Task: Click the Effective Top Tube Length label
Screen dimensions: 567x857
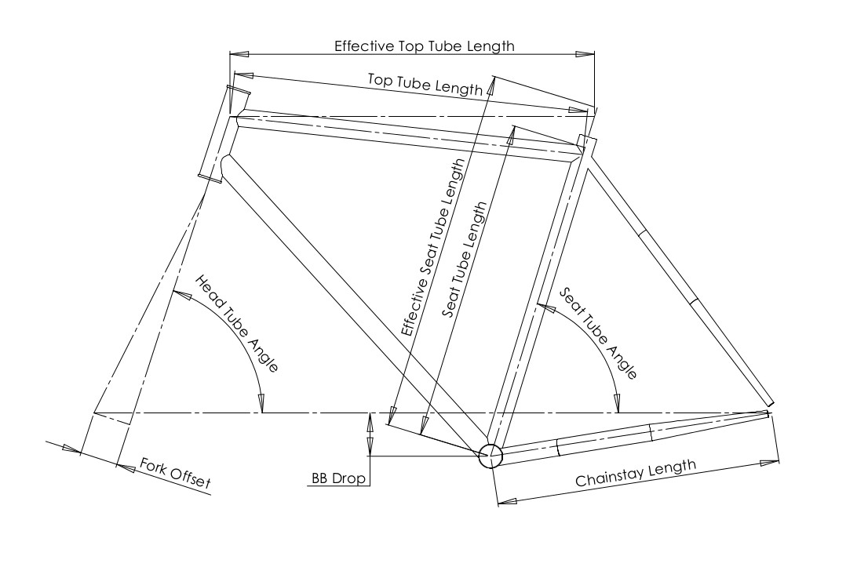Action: click(x=424, y=45)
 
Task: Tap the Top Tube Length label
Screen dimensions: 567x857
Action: click(x=425, y=84)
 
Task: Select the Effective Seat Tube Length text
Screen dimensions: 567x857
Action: click(x=434, y=248)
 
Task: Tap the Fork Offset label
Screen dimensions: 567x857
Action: click(x=176, y=474)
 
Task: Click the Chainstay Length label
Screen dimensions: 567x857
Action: click(x=636, y=474)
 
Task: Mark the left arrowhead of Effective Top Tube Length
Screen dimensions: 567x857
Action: click(x=239, y=54)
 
